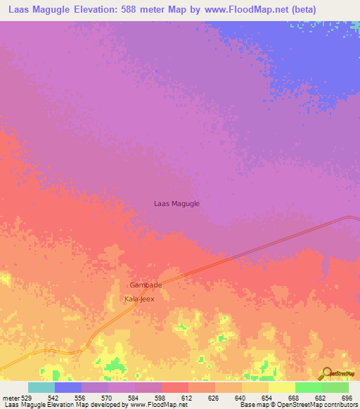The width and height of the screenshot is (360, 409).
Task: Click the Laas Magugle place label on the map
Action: point(176,204)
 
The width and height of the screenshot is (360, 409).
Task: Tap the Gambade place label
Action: point(146,285)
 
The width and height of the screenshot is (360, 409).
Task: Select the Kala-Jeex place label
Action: point(139,299)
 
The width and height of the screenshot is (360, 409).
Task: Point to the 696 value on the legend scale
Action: point(345,397)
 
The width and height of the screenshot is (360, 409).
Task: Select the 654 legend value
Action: point(266,397)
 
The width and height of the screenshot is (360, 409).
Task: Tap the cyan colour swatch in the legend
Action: point(41,387)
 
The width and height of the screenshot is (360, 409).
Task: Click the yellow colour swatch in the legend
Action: point(282,387)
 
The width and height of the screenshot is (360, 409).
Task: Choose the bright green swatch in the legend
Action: point(309,387)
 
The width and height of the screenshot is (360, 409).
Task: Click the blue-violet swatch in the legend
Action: point(68,387)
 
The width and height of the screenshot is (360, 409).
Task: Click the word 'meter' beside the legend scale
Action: point(10,397)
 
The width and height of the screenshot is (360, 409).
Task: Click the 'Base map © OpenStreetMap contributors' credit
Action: point(297,405)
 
